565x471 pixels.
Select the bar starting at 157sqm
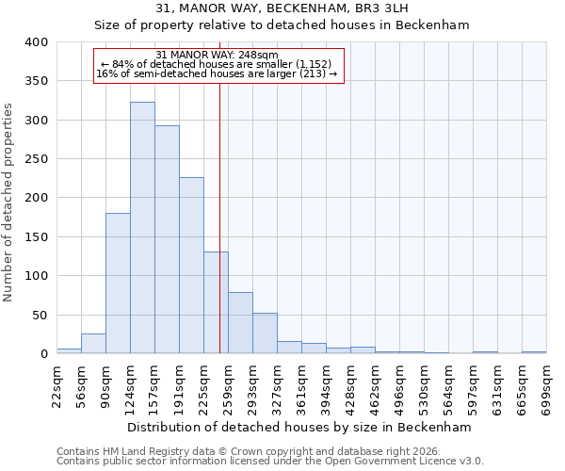click(167, 240)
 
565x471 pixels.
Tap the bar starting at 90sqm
click(118, 284)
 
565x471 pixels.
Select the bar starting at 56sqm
click(93, 344)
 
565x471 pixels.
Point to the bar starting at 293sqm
click(265, 333)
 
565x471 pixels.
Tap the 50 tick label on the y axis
click(40, 316)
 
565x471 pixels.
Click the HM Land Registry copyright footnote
click(249, 451)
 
